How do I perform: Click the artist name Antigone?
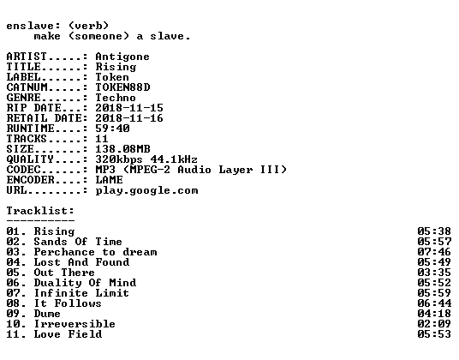[x=122, y=57]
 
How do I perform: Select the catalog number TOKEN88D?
[x=122, y=87]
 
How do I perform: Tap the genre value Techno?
[x=116, y=98]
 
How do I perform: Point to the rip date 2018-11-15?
[x=129, y=108]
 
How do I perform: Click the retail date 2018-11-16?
[x=129, y=118]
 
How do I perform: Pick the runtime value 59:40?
[x=112, y=129]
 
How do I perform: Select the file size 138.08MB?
[x=122, y=149]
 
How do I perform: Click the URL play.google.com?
[x=146, y=190]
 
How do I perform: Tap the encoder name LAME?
[x=110, y=179]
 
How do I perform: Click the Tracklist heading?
[x=40, y=211]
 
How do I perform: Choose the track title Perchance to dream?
[x=95, y=252]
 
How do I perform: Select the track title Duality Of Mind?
[x=85, y=283]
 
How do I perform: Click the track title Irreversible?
[x=75, y=324]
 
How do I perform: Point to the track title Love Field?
[x=68, y=334]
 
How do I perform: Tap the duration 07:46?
[x=434, y=252]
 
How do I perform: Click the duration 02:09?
[x=434, y=324]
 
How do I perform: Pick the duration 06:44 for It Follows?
[x=434, y=303]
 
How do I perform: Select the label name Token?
[x=112, y=77]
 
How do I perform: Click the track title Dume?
[x=47, y=314]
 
